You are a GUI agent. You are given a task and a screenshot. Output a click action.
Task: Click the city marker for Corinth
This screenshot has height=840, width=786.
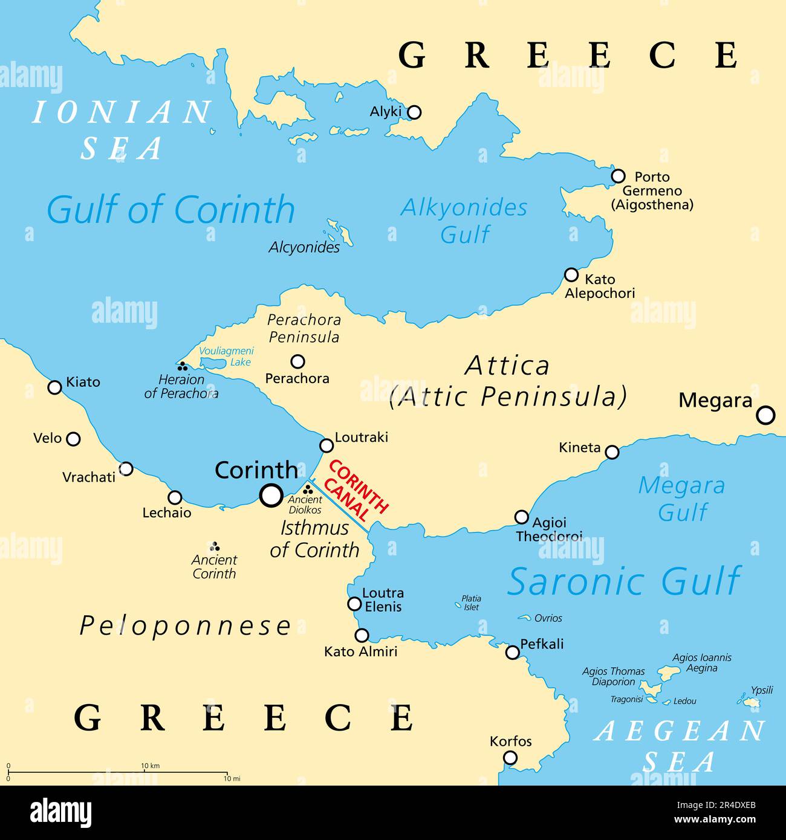pos(271,496)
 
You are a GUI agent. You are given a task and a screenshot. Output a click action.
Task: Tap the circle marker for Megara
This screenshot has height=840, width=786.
pos(765,415)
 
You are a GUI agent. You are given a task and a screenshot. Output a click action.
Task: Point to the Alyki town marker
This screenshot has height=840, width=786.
pos(414,112)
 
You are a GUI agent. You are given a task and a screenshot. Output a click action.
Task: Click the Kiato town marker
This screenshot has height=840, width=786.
pos(55,387)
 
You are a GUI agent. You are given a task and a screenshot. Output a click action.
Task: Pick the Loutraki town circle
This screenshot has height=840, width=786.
pos(326,445)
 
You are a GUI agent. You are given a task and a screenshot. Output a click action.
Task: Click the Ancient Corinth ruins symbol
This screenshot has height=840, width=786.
pos(214,546)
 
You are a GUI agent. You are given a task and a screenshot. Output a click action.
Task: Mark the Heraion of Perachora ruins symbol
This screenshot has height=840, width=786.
pos(181,366)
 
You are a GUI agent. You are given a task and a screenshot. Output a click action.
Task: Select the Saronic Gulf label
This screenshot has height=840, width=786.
pos(624,581)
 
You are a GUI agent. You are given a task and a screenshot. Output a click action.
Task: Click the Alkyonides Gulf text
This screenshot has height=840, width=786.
pos(464,221)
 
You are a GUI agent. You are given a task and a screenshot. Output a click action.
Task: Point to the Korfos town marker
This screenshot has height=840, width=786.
pos(511,757)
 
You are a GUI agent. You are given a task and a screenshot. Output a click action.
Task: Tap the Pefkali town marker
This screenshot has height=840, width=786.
pos(512,652)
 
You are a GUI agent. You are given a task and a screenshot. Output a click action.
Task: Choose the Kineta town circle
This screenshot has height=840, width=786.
pos(612,452)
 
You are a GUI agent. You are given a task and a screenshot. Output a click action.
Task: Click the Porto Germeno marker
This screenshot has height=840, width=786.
pos(618,176)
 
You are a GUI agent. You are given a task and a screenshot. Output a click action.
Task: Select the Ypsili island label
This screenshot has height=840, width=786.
pos(762,690)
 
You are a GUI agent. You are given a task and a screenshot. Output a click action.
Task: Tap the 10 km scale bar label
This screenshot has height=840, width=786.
pos(150,766)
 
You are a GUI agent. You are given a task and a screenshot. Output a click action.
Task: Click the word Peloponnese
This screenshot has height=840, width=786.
pos(186,627)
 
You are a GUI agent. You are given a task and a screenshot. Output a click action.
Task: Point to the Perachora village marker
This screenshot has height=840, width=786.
pos(297,361)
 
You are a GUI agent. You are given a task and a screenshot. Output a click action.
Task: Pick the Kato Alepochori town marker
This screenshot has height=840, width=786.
pos(571,275)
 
